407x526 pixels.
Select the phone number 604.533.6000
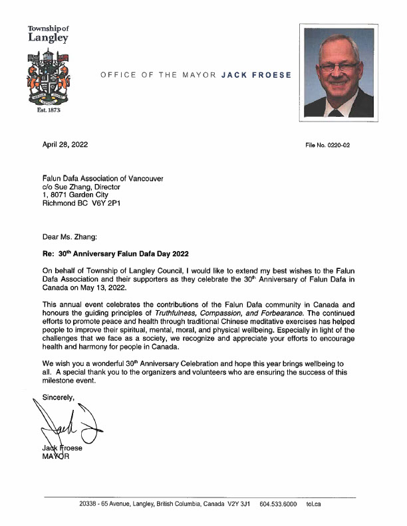278,504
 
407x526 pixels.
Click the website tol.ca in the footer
314,504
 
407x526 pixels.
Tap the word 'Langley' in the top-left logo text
47,39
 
